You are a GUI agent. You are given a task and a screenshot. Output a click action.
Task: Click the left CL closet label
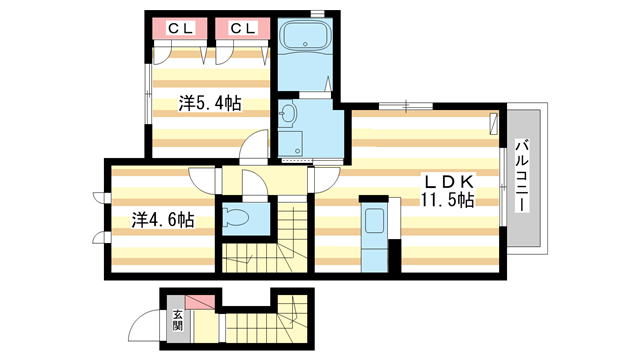point(180,28)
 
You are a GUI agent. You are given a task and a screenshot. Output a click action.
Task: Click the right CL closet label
point(243,28)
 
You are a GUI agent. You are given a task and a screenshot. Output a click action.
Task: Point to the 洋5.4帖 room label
point(210,102)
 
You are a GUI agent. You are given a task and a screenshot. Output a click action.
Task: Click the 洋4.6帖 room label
point(163,218)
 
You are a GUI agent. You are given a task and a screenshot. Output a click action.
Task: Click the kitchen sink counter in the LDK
point(374,234)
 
